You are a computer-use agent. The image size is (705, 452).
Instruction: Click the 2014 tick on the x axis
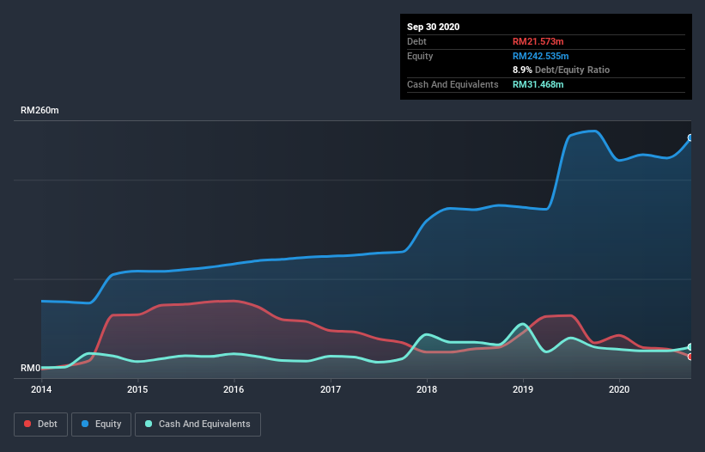[x=41, y=389]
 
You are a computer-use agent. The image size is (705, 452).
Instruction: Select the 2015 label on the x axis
[x=137, y=389]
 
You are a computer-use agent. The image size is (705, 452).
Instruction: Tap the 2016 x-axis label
[x=234, y=389]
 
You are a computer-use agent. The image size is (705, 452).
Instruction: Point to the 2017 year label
[x=330, y=389]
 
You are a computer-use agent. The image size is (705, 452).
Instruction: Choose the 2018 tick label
[x=427, y=389]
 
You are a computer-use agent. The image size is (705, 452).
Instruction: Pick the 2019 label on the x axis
[x=523, y=389]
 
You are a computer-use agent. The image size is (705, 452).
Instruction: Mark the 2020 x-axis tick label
[x=619, y=389]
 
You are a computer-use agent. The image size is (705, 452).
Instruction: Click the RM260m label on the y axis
[x=40, y=111]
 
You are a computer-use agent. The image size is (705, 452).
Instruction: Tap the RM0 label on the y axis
[x=30, y=369]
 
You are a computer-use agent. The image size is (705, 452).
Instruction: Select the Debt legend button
[x=40, y=425]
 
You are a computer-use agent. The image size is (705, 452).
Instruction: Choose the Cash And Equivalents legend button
[x=198, y=425]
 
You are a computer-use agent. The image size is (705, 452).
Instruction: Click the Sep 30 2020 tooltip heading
[x=434, y=27]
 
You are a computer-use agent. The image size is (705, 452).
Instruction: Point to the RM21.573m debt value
[x=538, y=41]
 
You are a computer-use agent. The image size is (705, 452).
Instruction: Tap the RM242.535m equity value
[x=541, y=56]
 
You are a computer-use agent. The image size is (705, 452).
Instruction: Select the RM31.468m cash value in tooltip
[x=538, y=84]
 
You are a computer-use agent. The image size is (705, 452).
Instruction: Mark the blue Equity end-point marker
[x=690, y=137]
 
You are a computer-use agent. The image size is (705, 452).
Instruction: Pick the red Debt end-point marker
[x=690, y=357]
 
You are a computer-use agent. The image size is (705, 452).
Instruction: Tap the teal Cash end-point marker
[x=690, y=347]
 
